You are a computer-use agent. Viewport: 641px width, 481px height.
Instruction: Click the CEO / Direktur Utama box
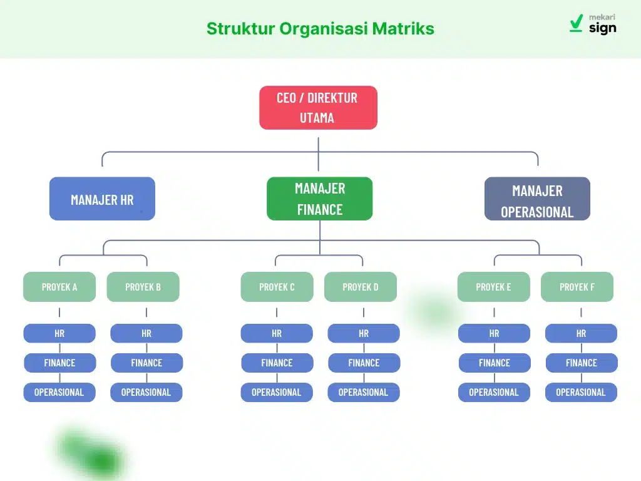(x=318, y=108)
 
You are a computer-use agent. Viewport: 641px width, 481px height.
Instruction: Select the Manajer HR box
(x=102, y=199)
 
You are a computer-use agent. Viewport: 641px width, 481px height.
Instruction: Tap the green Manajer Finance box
(x=319, y=199)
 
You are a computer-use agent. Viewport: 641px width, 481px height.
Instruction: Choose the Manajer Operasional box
(x=537, y=199)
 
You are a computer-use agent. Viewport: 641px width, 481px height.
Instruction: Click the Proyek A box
(x=59, y=287)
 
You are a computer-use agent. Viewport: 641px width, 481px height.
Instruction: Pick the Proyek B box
(x=143, y=287)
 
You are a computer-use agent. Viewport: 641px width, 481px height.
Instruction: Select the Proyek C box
(x=277, y=287)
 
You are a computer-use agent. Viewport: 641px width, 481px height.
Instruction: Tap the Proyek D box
(x=360, y=287)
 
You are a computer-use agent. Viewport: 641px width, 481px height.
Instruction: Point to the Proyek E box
(x=493, y=287)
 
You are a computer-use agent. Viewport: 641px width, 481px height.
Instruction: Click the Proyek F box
(x=577, y=287)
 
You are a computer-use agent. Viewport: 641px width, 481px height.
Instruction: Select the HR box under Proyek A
(x=59, y=333)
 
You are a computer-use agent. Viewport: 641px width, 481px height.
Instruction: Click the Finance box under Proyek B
(x=146, y=363)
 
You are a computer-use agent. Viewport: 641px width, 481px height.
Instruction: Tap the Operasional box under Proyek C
(x=277, y=392)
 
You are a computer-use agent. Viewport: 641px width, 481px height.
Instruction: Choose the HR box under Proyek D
(x=364, y=333)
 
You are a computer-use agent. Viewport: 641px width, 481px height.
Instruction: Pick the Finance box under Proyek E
(x=495, y=363)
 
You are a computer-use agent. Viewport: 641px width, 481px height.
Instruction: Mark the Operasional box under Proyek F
(x=581, y=392)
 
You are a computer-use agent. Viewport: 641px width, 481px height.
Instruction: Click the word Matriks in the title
(x=403, y=29)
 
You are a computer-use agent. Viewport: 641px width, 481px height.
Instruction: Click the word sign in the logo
(x=602, y=28)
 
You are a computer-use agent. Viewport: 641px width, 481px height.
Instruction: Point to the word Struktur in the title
(x=240, y=29)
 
